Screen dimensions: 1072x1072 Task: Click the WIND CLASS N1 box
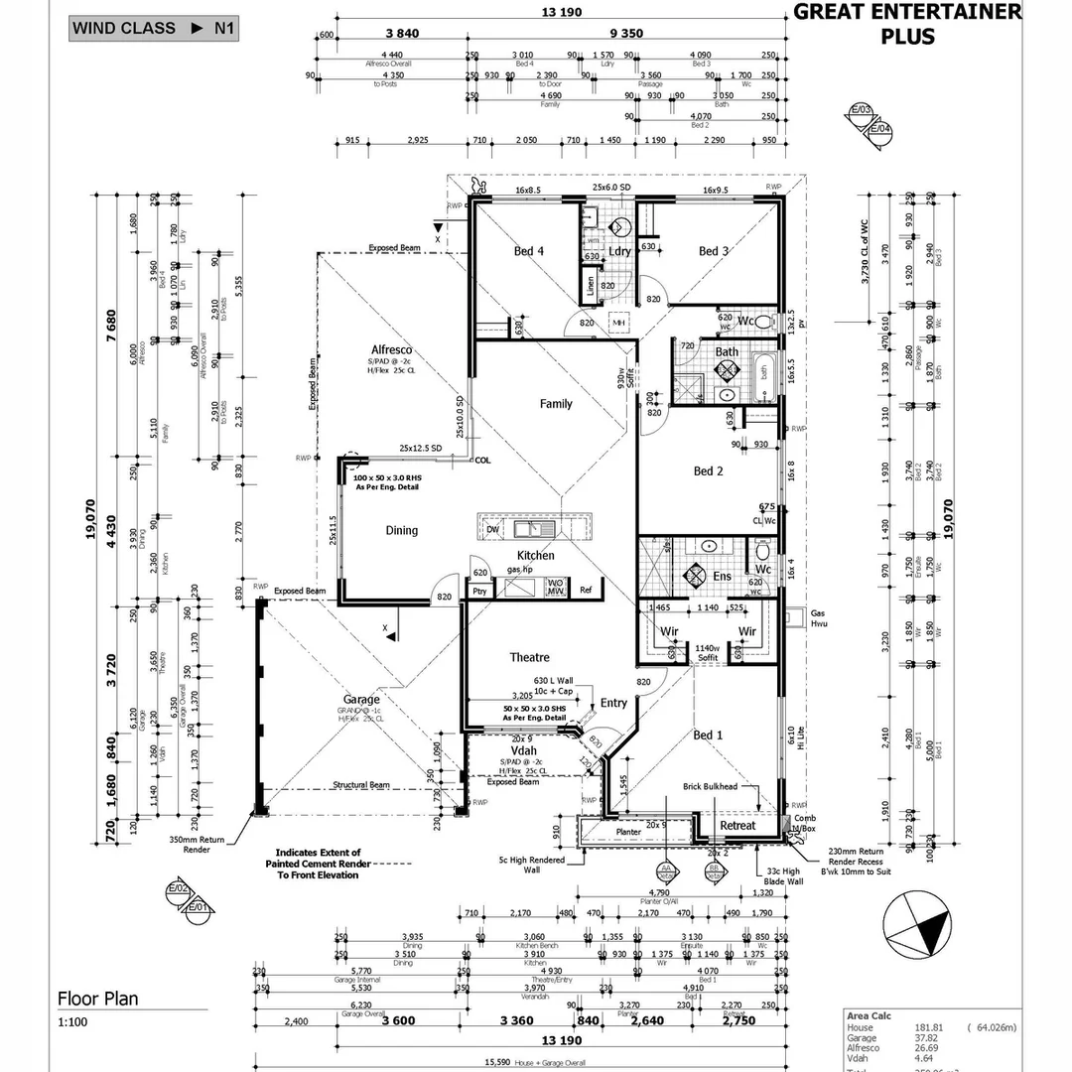154,28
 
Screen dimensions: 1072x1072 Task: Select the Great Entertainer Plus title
907,24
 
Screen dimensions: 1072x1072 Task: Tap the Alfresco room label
391,350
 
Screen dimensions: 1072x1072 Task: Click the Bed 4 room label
529,251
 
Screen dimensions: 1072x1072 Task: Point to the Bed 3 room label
714,251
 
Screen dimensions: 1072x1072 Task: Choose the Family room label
556,404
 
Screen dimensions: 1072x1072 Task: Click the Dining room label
402,530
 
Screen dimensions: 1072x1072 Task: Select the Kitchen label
535,555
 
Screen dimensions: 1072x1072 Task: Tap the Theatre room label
529,657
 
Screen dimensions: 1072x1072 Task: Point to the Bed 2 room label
707,470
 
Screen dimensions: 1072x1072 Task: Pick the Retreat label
737,825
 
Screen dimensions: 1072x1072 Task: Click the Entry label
613,703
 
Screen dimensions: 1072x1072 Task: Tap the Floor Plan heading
98,999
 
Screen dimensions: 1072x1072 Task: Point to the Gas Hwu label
819,619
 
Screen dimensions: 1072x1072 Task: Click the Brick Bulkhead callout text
711,786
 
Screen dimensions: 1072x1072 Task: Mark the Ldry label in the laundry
620,251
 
